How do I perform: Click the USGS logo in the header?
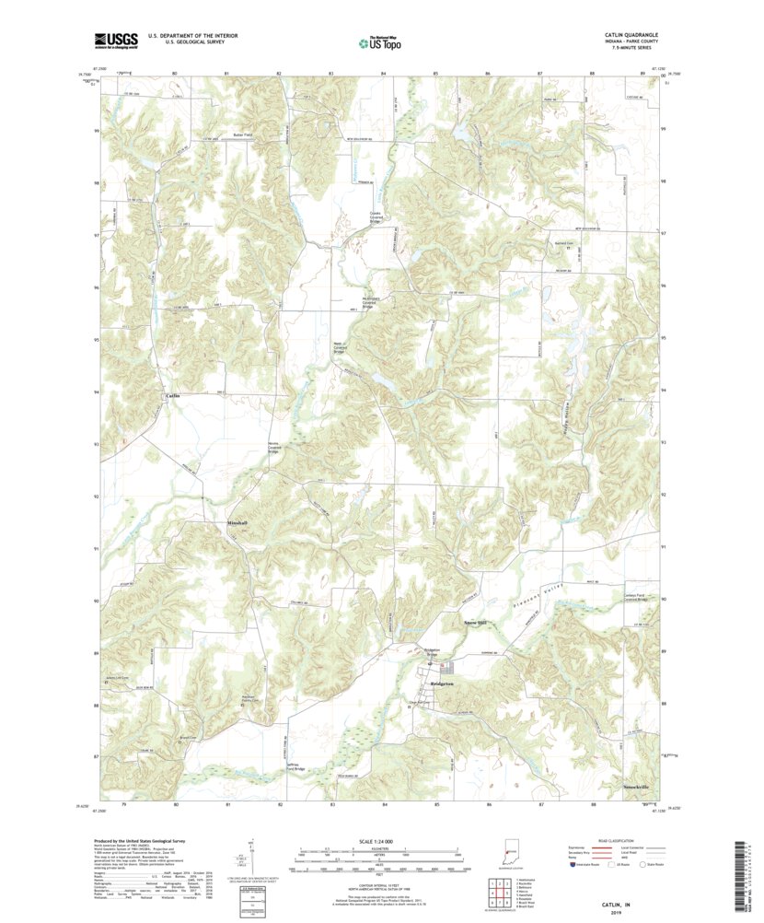pos(114,40)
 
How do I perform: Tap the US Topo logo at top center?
pos(378,41)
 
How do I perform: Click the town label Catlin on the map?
pos(172,395)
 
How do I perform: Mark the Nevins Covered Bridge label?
pos(272,450)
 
